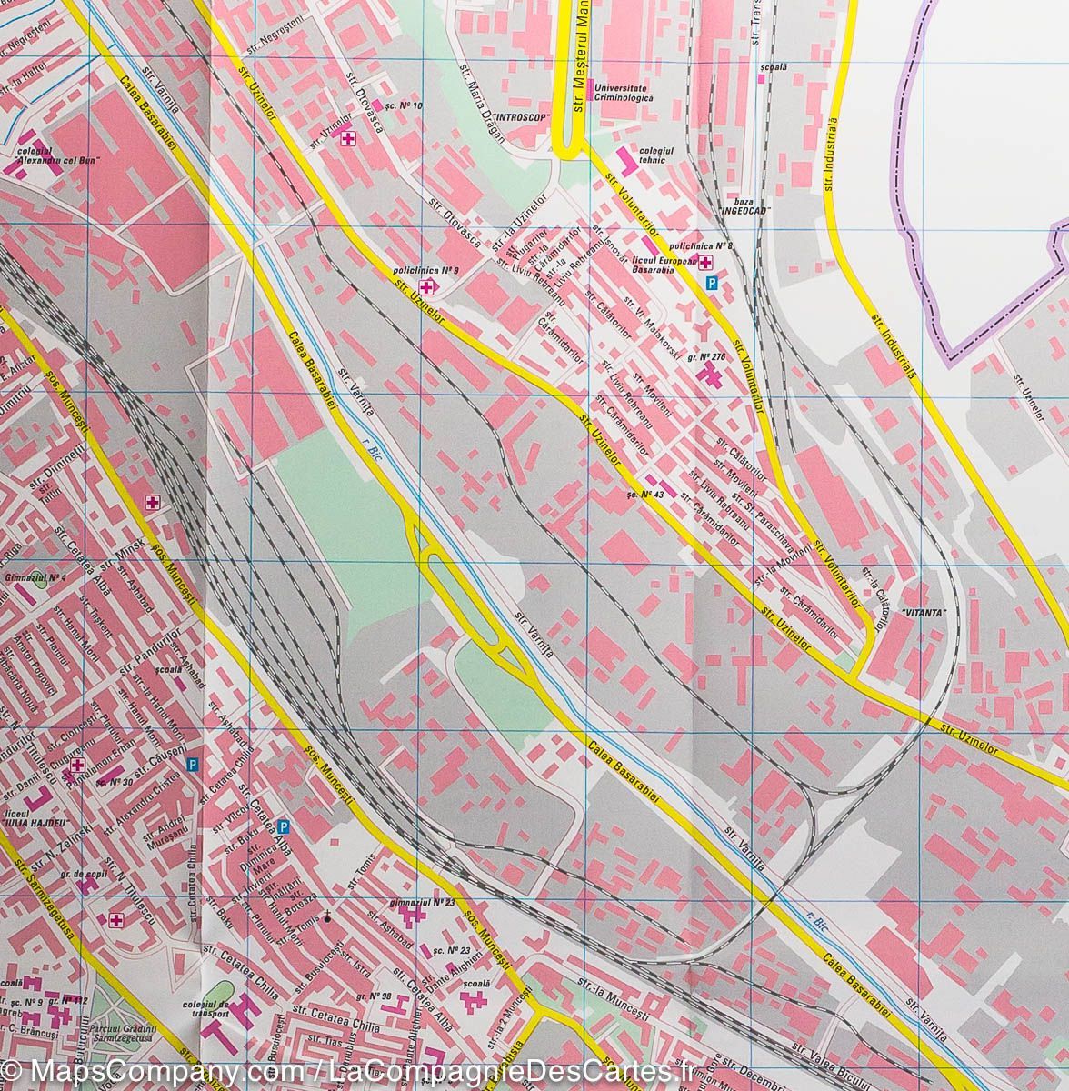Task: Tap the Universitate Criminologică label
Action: (624, 91)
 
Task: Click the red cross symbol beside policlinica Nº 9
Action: (425, 286)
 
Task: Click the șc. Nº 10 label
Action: (404, 105)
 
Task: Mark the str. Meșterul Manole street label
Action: (578, 59)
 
